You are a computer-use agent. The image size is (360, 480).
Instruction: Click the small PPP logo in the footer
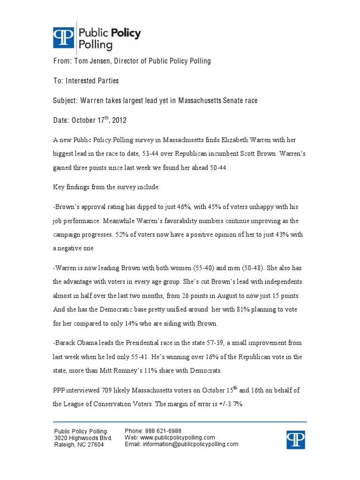pyautogui.click(x=296, y=440)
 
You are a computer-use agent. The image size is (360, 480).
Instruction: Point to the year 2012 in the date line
pyautogui.click(x=117, y=120)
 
